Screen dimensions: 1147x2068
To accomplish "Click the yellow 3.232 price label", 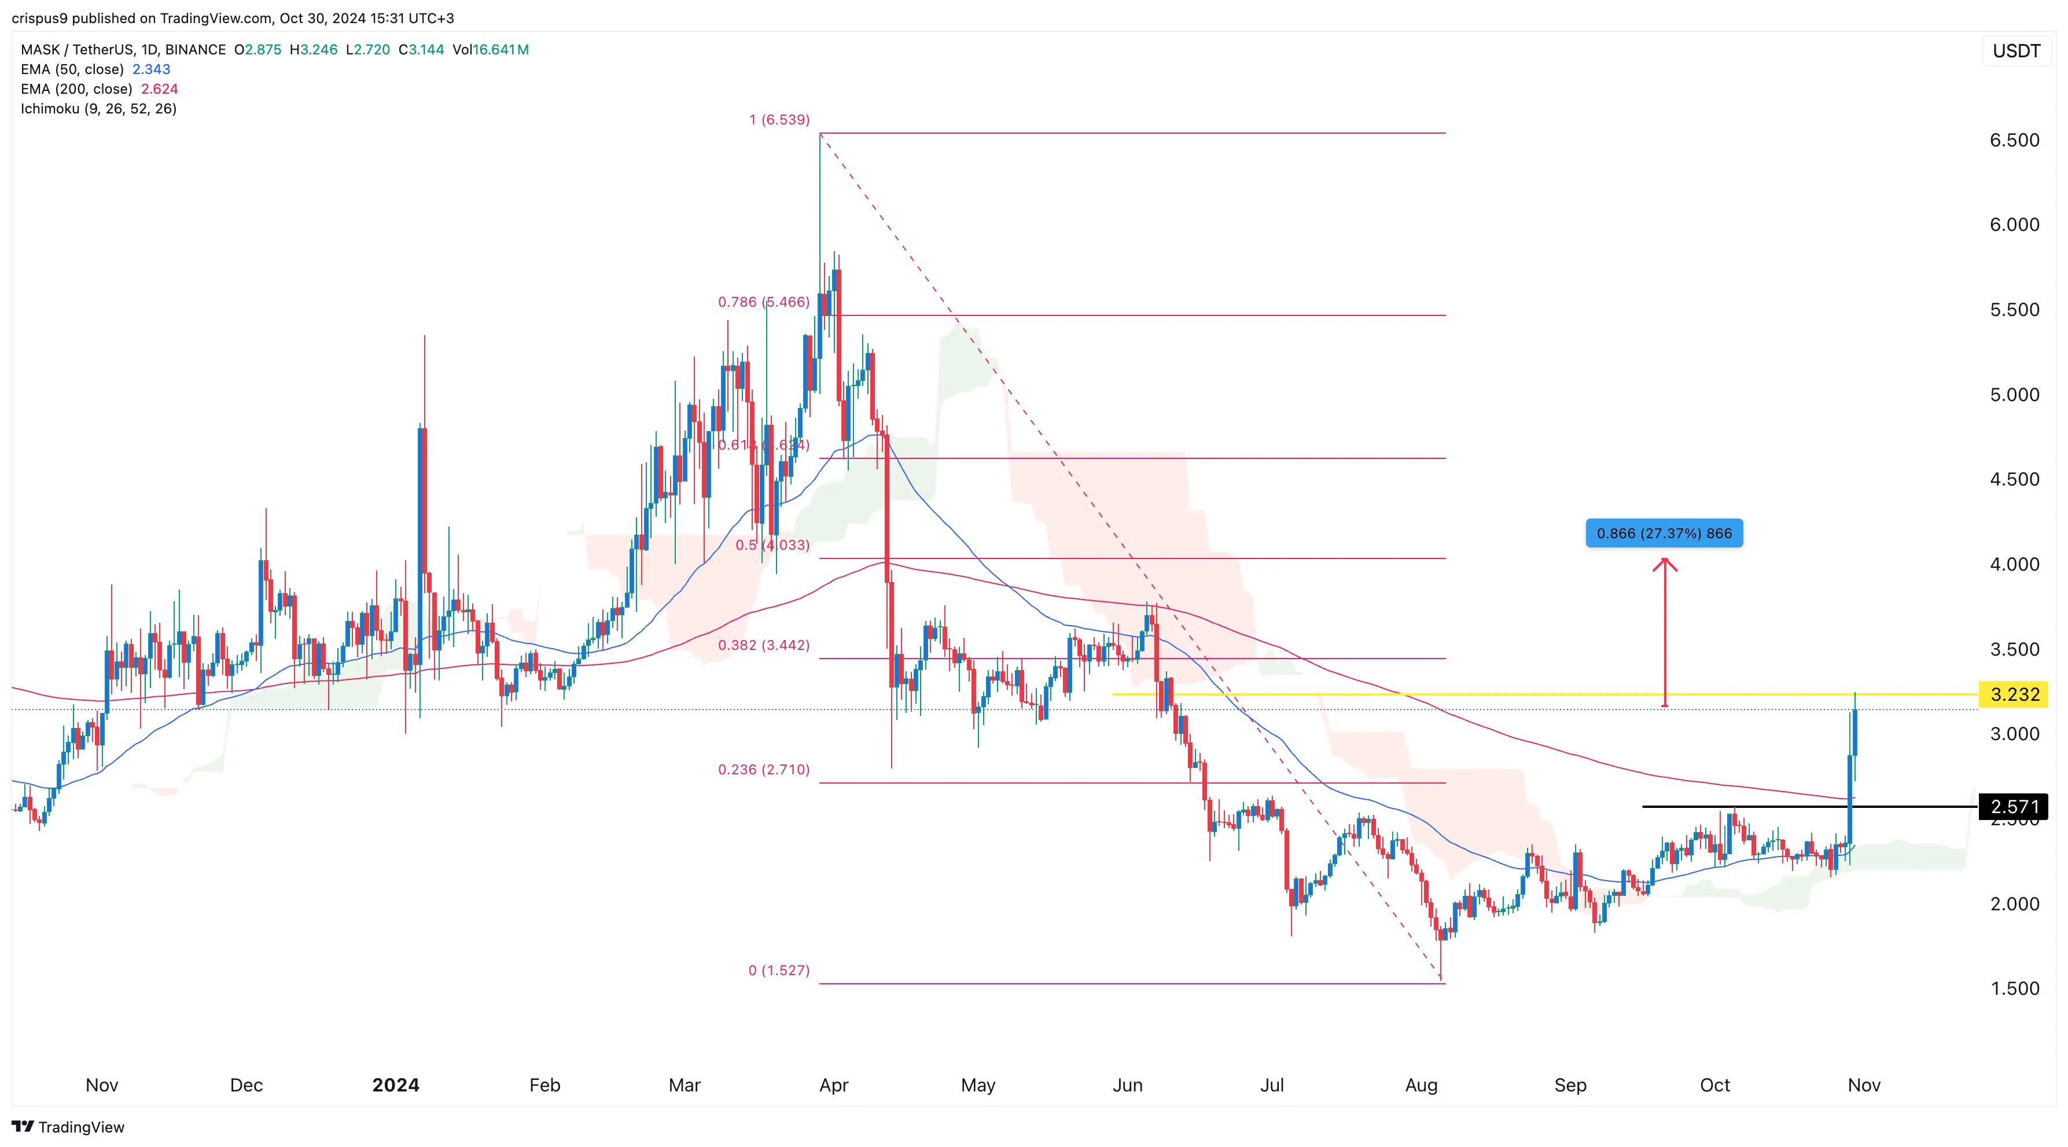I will pos(2014,694).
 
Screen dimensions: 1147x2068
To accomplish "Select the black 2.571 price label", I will pos(2014,806).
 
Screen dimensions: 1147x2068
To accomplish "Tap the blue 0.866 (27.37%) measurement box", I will pos(1664,533).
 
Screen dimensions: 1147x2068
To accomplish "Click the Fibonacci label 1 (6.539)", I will pos(779,120).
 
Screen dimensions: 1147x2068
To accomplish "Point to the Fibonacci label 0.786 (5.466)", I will pos(763,302).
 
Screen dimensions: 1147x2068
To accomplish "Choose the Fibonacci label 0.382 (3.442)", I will pos(763,645).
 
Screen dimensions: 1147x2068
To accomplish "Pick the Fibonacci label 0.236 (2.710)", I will pos(763,769).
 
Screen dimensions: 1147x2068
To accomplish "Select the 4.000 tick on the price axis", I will pos(2014,564).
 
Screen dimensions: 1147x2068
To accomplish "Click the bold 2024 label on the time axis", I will pos(395,1085).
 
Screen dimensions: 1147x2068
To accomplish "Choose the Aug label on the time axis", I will pos(1421,1085).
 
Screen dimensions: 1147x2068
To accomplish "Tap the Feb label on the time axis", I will pos(544,1085).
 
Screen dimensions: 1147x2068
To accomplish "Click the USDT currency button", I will pos(2016,50).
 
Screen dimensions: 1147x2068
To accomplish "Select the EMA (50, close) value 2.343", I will pos(151,69).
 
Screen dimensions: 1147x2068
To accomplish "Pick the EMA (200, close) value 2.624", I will pos(159,89).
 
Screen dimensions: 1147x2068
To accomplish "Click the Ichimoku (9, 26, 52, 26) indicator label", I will pos(98,108).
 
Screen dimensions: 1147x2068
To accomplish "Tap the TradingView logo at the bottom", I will pos(68,1127).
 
